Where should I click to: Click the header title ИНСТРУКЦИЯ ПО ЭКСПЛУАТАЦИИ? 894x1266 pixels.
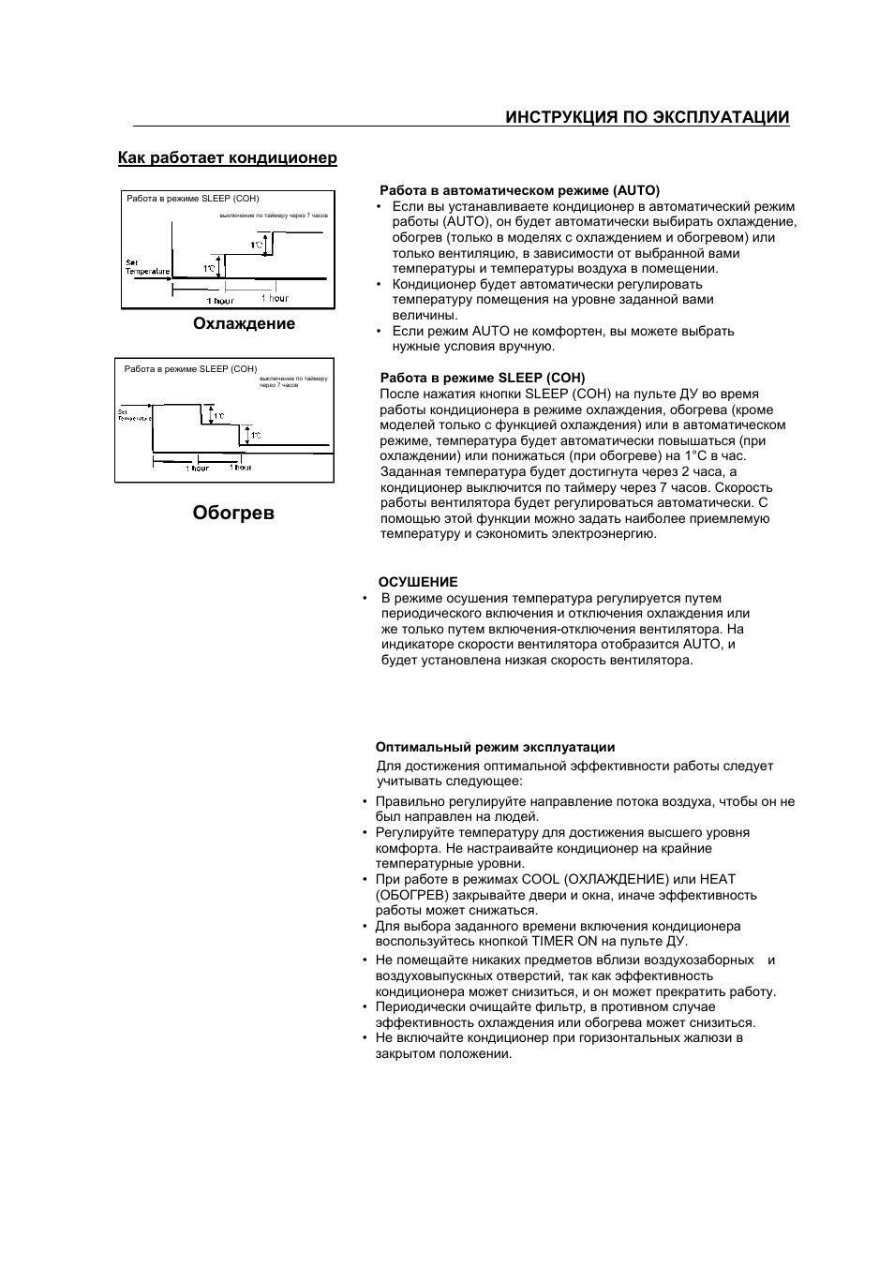pos(647,117)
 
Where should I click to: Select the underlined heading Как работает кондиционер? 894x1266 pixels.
pos(227,157)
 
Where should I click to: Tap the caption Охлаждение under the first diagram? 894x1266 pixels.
pos(244,323)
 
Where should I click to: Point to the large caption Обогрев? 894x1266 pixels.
pos(233,513)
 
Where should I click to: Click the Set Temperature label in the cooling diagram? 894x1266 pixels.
pos(147,267)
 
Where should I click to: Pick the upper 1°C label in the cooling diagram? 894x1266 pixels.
pos(256,246)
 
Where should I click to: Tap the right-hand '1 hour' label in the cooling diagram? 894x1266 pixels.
pos(275,298)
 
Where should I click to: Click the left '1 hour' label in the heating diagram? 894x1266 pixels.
pos(197,468)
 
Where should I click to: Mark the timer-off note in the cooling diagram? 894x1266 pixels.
pos(274,216)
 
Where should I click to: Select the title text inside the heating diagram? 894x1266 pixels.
pos(190,369)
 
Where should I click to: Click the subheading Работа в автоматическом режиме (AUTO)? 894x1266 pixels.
pos(519,190)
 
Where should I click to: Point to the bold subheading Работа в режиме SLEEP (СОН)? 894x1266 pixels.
pos(482,378)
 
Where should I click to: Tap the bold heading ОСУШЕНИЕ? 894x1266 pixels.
pos(418,582)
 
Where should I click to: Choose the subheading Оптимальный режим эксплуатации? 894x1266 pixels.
pos(495,747)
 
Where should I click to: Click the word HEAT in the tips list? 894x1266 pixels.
pos(717,879)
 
